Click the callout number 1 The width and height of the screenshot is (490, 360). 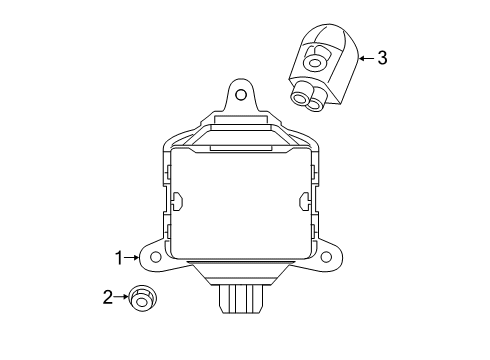(x=119, y=258)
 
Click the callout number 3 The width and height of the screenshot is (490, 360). (x=381, y=58)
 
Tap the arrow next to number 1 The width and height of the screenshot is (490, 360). (x=133, y=258)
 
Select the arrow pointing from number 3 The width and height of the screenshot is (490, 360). (x=363, y=58)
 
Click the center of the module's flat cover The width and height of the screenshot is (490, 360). (x=238, y=200)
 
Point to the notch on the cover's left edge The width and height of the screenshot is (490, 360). (x=176, y=202)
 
